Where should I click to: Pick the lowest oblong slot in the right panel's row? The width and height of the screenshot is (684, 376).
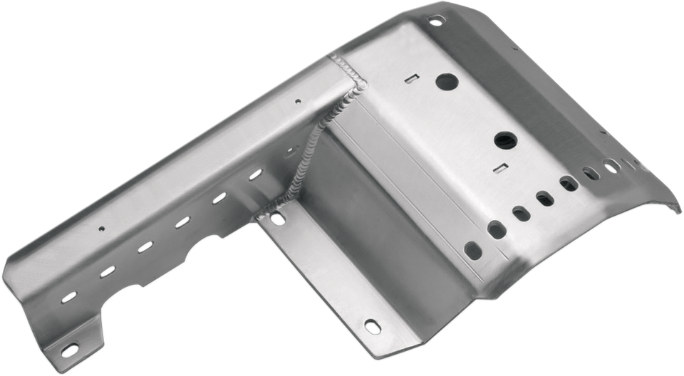[473, 249]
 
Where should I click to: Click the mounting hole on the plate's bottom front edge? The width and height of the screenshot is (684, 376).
[370, 325]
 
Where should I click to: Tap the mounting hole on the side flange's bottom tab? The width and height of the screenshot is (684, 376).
[69, 348]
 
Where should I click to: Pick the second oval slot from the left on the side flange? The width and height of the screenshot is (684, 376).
[108, 270]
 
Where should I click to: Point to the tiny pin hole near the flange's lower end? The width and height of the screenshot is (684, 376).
[102, 229]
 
